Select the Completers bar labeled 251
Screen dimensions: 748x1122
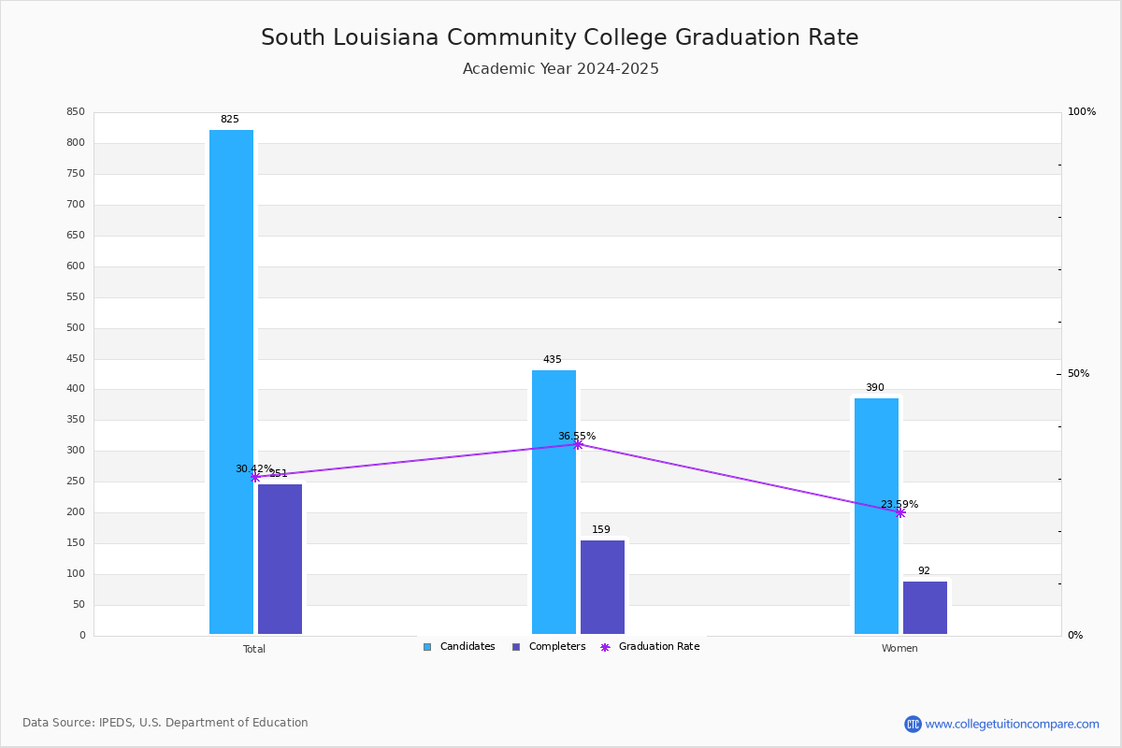280,559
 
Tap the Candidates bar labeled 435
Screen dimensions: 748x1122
554,502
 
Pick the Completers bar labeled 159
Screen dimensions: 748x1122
602,587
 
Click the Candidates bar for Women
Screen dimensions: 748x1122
876,516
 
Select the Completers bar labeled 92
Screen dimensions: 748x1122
925,608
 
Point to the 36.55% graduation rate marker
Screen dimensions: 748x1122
578,444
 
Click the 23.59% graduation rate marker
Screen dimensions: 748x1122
899,512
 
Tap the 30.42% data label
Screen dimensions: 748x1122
253,468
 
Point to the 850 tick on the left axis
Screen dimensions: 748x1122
76,112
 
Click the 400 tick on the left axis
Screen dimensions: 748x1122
76,389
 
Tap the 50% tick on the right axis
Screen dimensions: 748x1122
1078,374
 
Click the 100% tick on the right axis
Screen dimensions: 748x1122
1081,112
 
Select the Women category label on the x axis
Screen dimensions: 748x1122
899,649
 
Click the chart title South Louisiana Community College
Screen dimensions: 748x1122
559,37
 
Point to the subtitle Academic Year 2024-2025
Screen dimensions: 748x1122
560,69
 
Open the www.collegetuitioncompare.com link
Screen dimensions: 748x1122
1012,724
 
